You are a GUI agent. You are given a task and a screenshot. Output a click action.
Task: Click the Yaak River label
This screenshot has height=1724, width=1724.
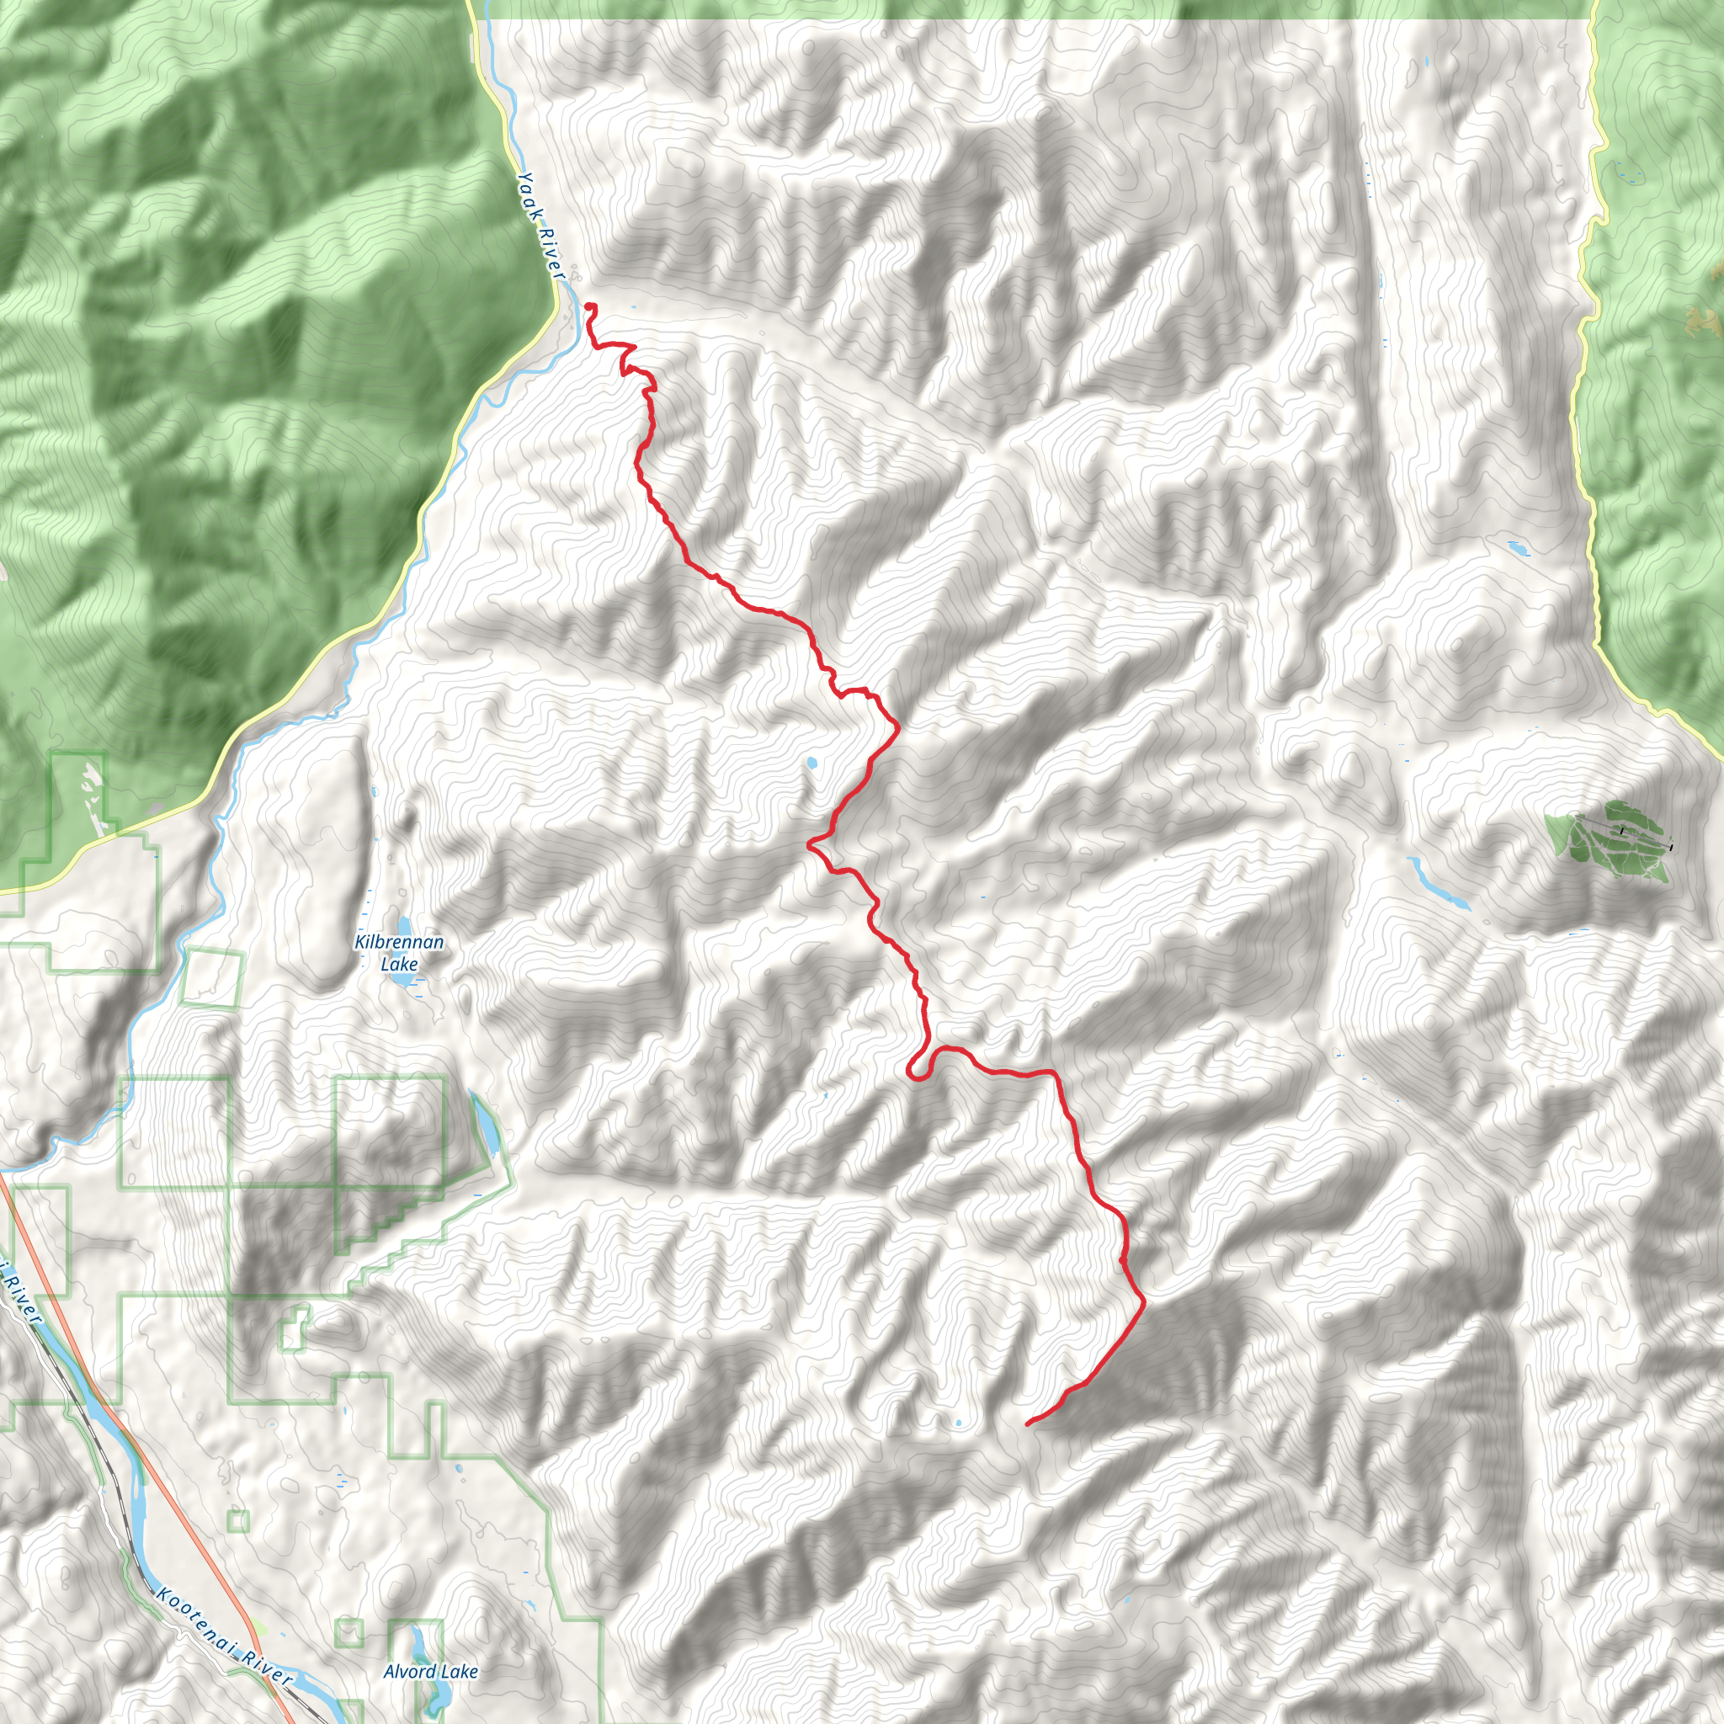coord(540,225)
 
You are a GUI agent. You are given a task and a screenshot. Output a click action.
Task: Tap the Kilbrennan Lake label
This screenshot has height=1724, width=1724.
coord(399,952)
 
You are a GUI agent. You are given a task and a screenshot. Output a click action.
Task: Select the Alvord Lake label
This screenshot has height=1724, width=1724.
coord(431,1671)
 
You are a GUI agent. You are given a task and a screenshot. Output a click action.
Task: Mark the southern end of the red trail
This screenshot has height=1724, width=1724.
coord(1029,1423)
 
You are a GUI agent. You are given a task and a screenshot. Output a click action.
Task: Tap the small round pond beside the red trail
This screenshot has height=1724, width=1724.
coord(811,763)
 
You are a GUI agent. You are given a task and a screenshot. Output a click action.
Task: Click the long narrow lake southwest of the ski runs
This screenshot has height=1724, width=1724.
coord(1437,882)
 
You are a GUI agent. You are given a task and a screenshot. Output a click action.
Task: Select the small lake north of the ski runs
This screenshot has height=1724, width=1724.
coord(1517,547)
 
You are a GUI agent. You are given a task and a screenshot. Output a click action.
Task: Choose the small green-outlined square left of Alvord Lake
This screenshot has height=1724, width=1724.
coord(349,1633)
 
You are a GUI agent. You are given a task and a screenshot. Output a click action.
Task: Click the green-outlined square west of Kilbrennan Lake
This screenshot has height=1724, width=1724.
coord(211,978)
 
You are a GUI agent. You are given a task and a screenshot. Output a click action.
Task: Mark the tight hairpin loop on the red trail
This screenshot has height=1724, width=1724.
coord(917,1068)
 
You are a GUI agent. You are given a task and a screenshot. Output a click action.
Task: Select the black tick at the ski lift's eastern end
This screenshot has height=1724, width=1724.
coord(1670,847)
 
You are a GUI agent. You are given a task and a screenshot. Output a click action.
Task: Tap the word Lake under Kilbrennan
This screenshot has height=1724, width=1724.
coord(399,964)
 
